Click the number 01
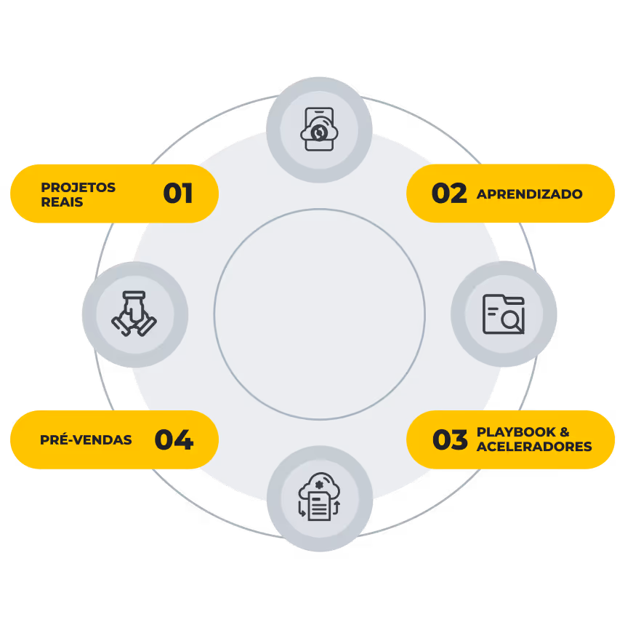178,194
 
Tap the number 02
449,194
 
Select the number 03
450,439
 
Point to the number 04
174,439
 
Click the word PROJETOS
78,187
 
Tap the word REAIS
62,202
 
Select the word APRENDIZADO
530,194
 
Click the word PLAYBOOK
516,432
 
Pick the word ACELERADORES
534,447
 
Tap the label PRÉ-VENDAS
86,439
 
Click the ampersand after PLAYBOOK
565,432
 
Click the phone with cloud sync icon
319,130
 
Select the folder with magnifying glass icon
504,314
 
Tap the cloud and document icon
319,497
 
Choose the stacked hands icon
134,314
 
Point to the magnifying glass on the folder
512,322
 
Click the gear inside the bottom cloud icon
319,485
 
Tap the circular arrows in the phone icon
319,132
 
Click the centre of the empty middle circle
319,314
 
